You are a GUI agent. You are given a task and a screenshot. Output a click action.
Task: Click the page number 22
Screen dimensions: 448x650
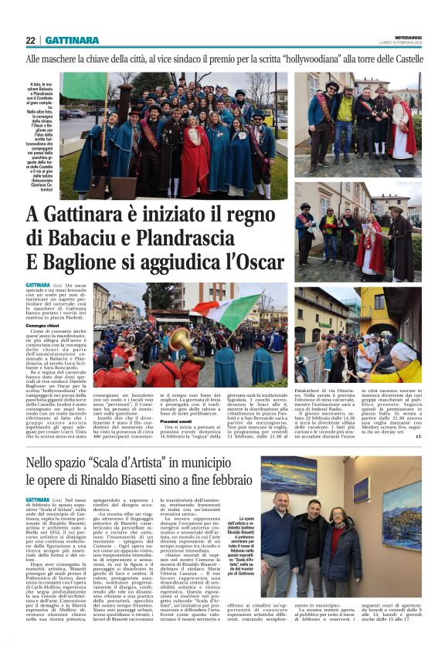tap(30, 40)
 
